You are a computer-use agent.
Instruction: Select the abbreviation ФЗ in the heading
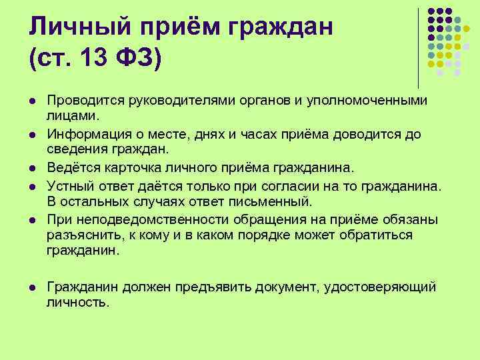(x=136, y=59)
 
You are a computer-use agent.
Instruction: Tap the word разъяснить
(x=77, y=235)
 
